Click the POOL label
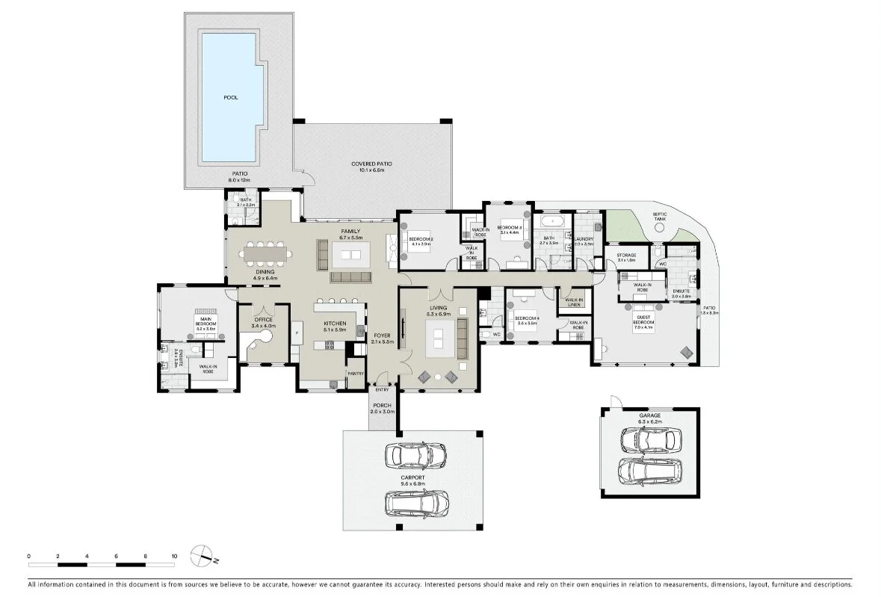click(x=231, y=97)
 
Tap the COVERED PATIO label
click(x=371, y=164)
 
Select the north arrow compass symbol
click(x=203, y=555)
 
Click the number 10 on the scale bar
click(x=174, y=556)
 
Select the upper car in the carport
click(x=415, y=454)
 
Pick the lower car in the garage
click(x=648, y=471)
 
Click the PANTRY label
click(x=355, y=374)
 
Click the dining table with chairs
click(x=265, y=254)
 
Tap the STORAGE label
click(x=626, y=256)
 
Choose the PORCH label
click(x=383, y=406)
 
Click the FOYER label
click(x=383, y=335)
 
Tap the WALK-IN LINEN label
click(x=575, y=301)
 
